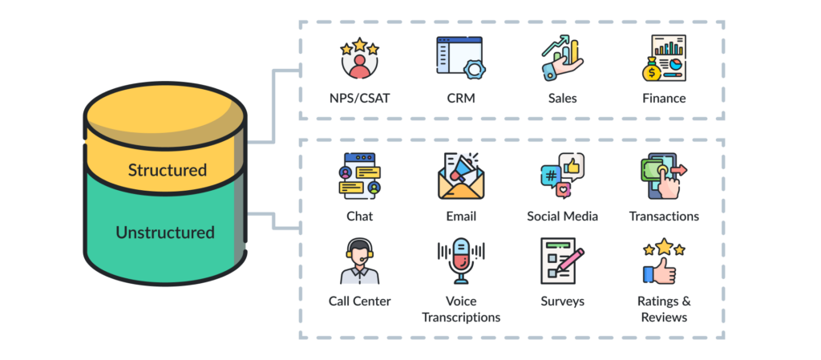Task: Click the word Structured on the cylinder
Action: pos(167,170)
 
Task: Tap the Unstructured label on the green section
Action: pos(165,233)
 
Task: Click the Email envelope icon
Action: pos(460,176)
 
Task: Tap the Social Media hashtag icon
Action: pos(562,176)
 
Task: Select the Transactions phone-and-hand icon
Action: pos(663,176)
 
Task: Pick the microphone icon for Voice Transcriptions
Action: pos(460,261)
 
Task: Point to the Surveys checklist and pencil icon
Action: pos(562,261)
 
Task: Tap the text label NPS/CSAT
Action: pos(359,99)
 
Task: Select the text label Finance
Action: pos(663,99)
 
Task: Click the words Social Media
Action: pos(562,216)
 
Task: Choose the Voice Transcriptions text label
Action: pos(460,309)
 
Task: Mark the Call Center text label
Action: pos(359,301)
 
